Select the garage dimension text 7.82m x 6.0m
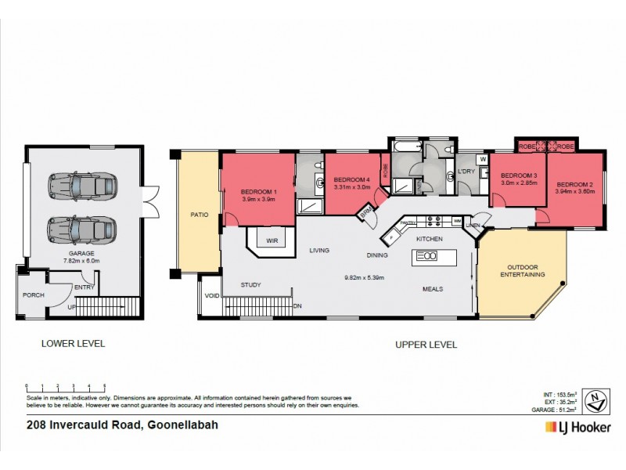pyautogui.click(x=81, y=262)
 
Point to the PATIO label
pyautogui.click(x=199, y=214)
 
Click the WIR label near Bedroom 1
pyautogui.click(x=272, y=240)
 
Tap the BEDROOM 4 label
pyautogui.click(x=350, y=179)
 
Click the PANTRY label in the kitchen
pyautogui.click(x=408, y=222)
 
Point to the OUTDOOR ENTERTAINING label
pyautogui.click(x=522, y=269)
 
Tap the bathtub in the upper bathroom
pyautogui.click(x=405, y=146)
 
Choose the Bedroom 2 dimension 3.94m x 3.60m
pyautogui.click(x=575, y=190)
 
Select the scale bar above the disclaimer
pyautogui.click(x=66, y=387)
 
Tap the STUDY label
pyautogui.click(x=250, y=285)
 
